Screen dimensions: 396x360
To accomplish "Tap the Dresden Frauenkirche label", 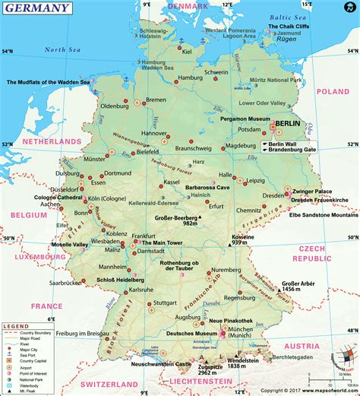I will click(x=315, y=199).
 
